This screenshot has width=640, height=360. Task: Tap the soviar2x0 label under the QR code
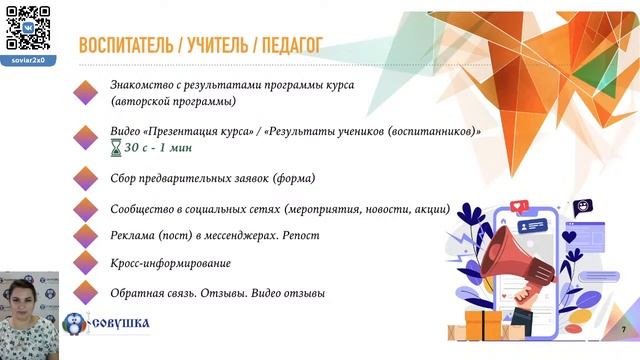(x=28, y=60)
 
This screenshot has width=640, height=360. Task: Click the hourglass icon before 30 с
(x=116, y=147)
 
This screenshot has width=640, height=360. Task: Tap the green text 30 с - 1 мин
(x=158, y=147)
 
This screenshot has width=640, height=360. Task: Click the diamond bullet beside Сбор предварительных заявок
(x=87, y=178)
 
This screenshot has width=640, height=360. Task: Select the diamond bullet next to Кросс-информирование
(x=87, y=263)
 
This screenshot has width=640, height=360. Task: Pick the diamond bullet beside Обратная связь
(x=87, y=292)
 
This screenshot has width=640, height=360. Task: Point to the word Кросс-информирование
(x=171, y=263)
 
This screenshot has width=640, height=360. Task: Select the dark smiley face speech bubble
(x=581, y=207)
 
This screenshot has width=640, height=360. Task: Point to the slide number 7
(x=623, y=330)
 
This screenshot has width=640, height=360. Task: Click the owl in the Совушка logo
(x=75, y=326)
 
